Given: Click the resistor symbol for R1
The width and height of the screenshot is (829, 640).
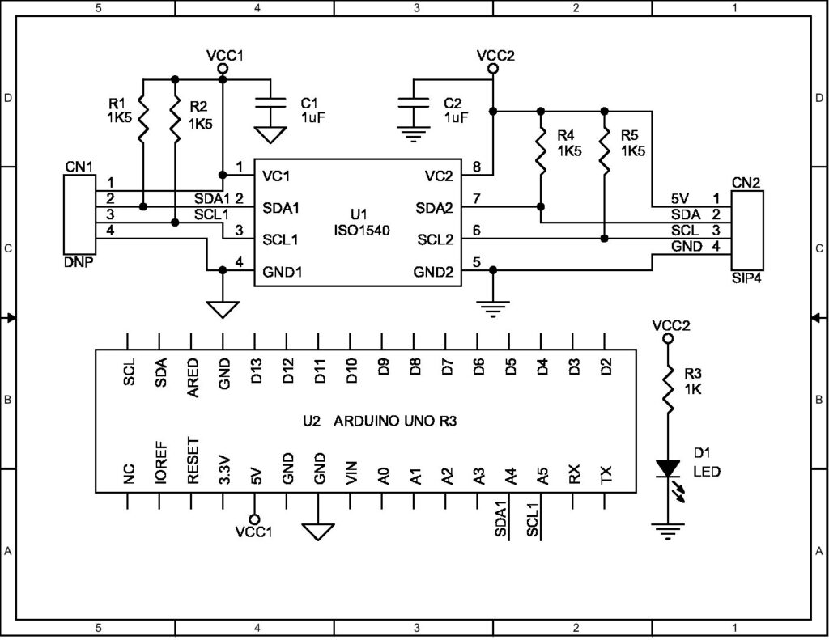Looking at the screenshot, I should (x=142, y=117).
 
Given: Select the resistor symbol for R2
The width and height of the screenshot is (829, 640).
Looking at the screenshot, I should (x=174, y=117).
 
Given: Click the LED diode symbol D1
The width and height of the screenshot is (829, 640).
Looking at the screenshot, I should (x=669, y=469).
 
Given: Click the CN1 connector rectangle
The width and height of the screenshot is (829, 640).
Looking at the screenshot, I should (x=79, y=214).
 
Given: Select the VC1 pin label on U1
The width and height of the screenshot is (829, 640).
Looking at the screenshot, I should (x=276, y=176).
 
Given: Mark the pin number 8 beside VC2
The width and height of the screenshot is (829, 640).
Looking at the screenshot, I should (x=477, y=168).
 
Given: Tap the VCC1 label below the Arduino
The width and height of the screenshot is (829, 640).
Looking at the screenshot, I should (x=253, y=532).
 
